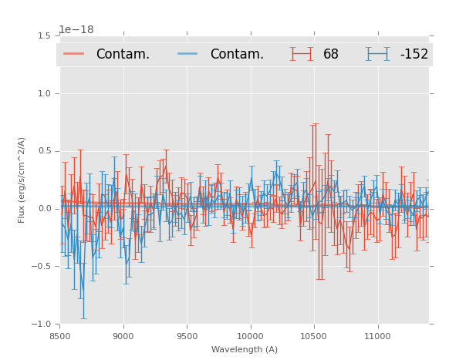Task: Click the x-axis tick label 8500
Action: pyautogui.click(x=60, y=336)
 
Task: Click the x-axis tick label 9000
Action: pyautogui.click(x=123, y=336)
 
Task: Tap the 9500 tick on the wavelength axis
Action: pyautogui.click(x=187, y=336)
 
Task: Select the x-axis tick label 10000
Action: pyautogui.click(x=250, y=336)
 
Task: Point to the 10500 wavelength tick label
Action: pyautogui.click(x=313, y=336)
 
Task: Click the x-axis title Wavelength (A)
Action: pyautogui.click(x=245, y=350)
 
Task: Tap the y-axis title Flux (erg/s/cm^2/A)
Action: pyautogui.click(x=22, y=180)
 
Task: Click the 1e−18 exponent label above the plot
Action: pyautogui.click(x=76, y=30)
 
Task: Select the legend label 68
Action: pyautogui.click(x=331, y=55)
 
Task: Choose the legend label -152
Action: pyautogui.click(x=414, y=55)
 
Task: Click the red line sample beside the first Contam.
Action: pyautogui.click(x=74, y=54)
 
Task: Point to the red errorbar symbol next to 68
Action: pyautogui.click(x=302, y=54)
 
